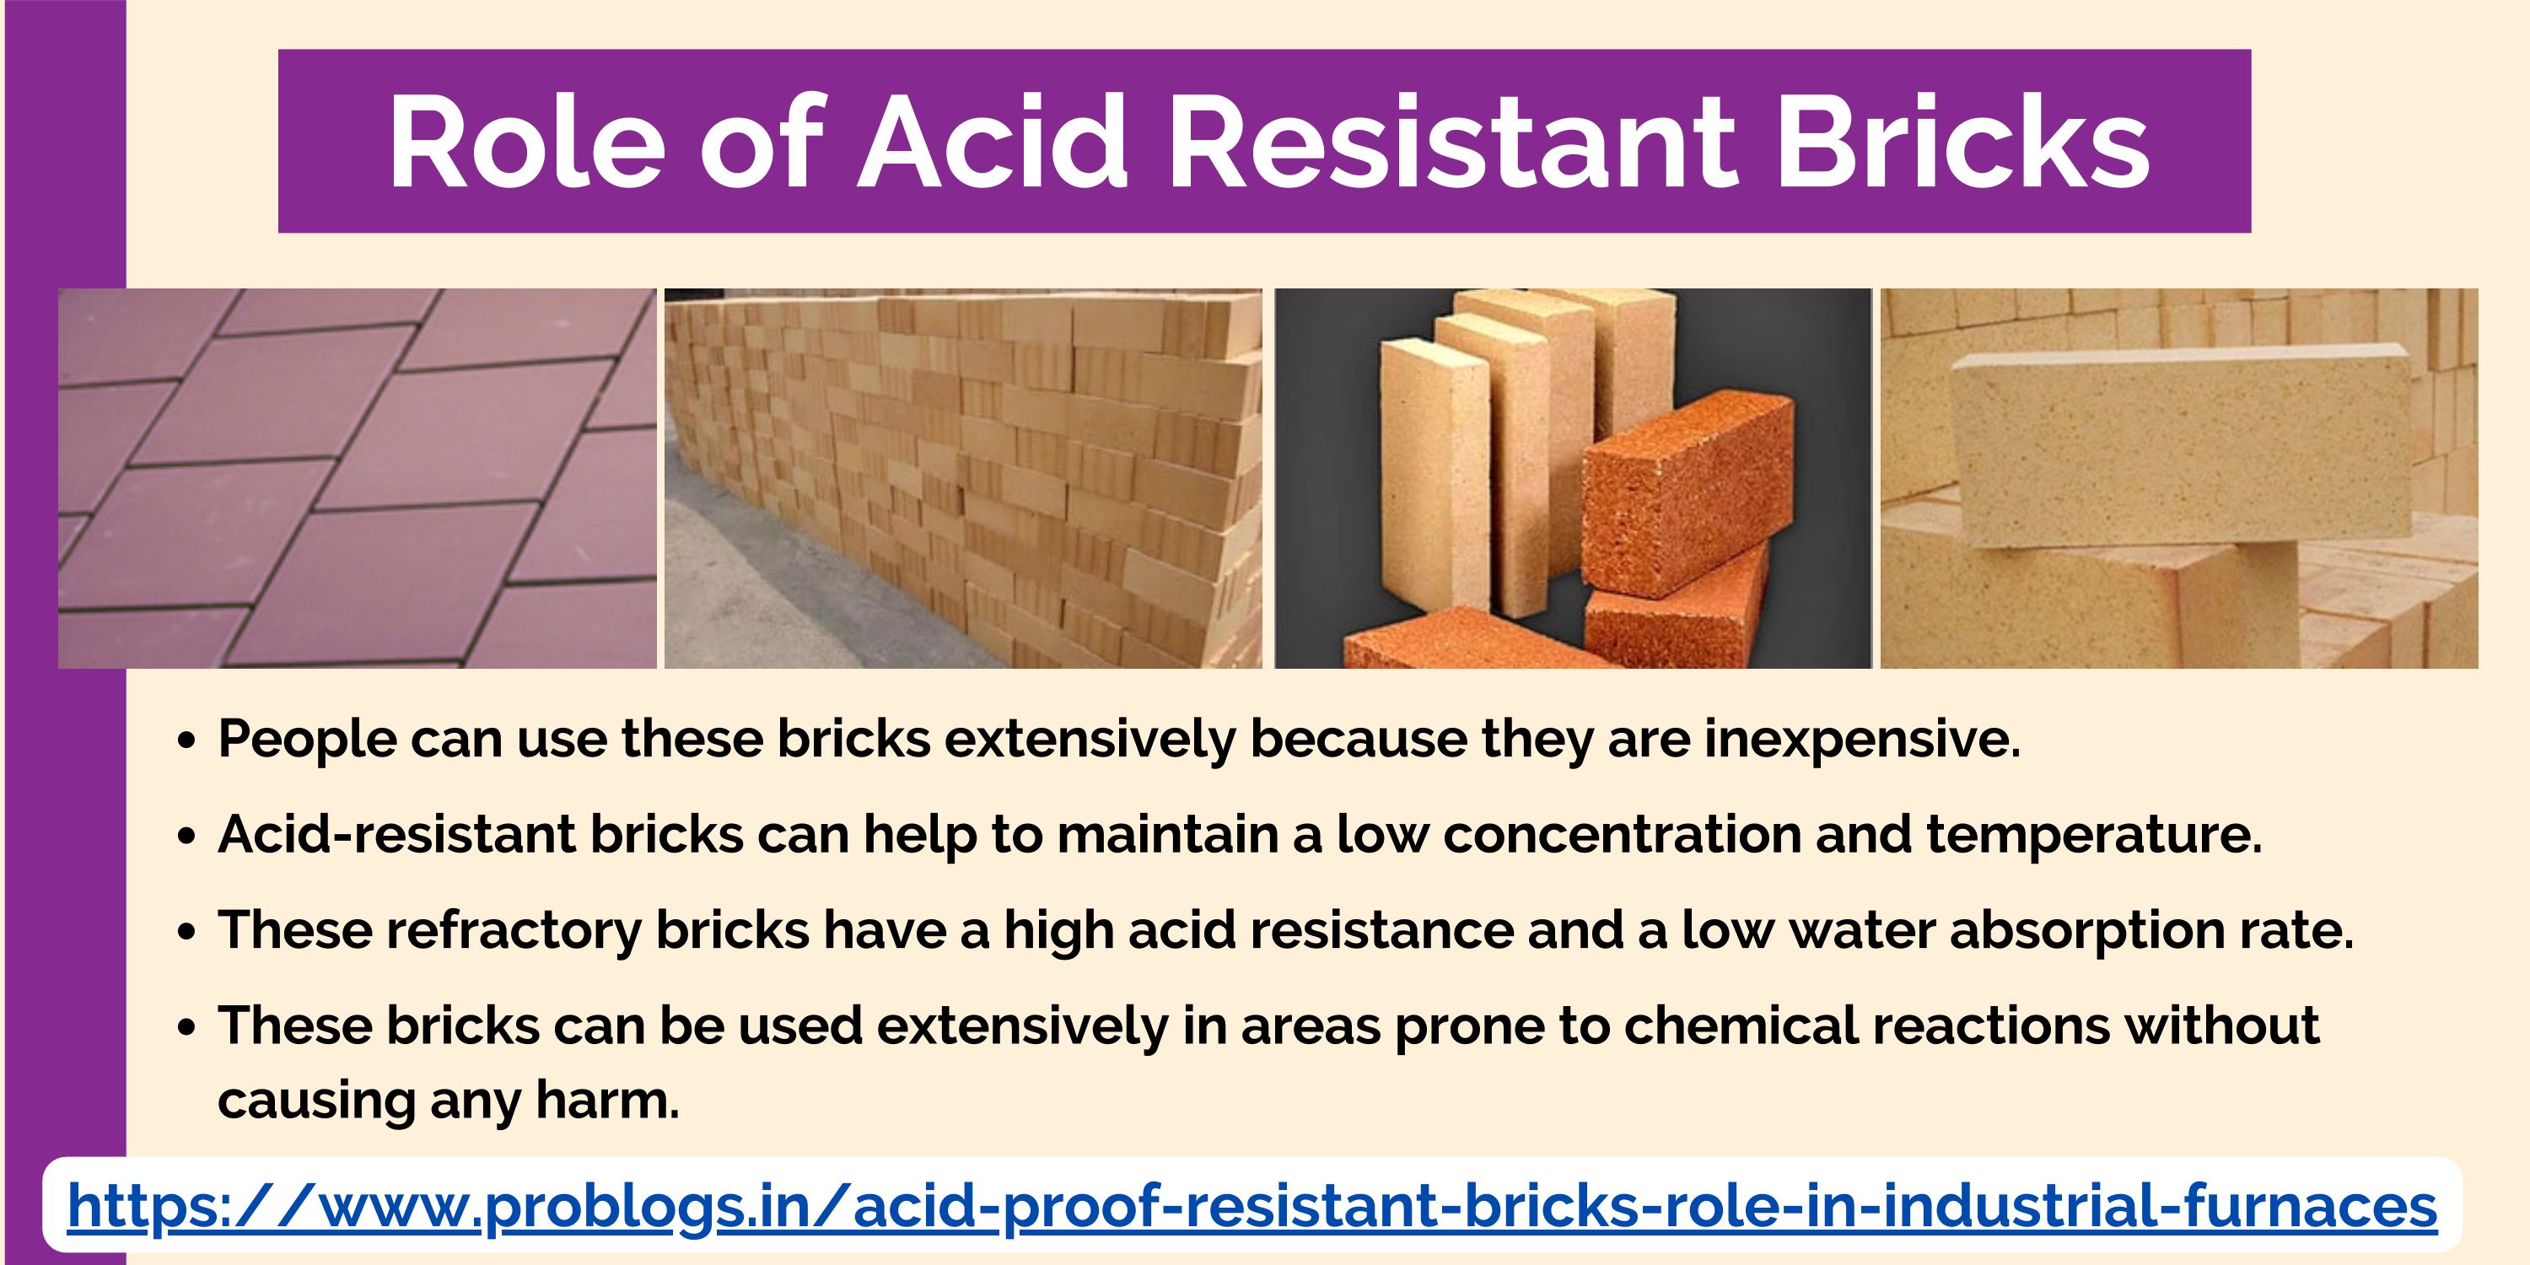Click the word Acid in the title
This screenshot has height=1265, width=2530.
tap(993, 141)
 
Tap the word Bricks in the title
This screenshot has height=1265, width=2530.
tap(1963, 141)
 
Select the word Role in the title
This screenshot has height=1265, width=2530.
tap(525, 141)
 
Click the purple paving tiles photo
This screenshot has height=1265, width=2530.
tap(357, 478)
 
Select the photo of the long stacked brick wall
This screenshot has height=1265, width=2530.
tap(963, 478)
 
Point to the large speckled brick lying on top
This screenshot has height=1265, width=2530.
tap(2180, 447)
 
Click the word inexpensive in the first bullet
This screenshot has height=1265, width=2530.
tap(1861, 740)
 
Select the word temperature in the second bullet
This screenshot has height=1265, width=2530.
tap(2093, 835)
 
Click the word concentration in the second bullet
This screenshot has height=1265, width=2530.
tap(1622, 835)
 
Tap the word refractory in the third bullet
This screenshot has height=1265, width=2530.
tap(514, 930)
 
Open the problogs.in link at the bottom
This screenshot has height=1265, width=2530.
tap(1252, 1207)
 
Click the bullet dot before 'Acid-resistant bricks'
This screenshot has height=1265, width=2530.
tap(187, 837)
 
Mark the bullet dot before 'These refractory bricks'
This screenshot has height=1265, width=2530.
tap(187, 933)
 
